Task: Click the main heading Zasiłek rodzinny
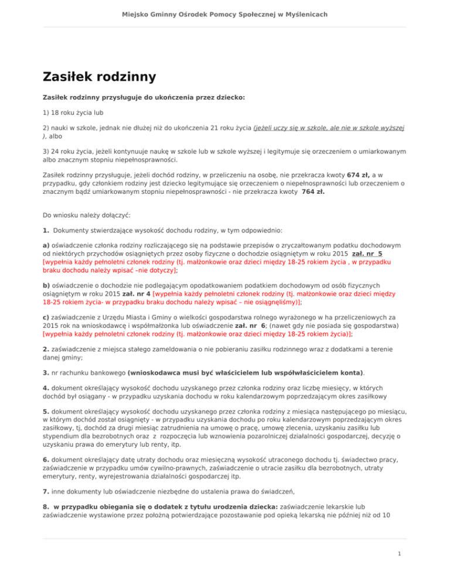(x=99, y=77)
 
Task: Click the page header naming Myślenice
(x=225, y=13)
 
